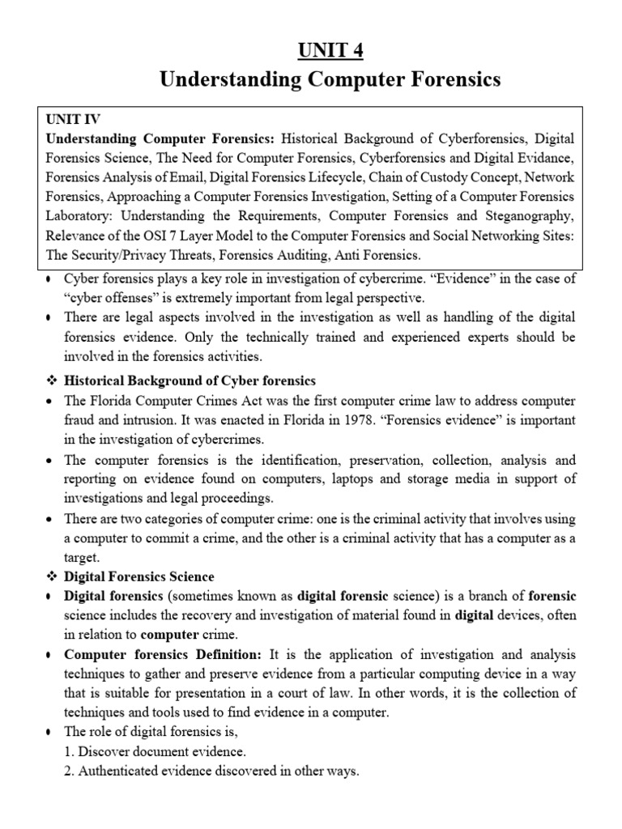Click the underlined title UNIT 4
pos(312,51)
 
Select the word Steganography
pos(530,216)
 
